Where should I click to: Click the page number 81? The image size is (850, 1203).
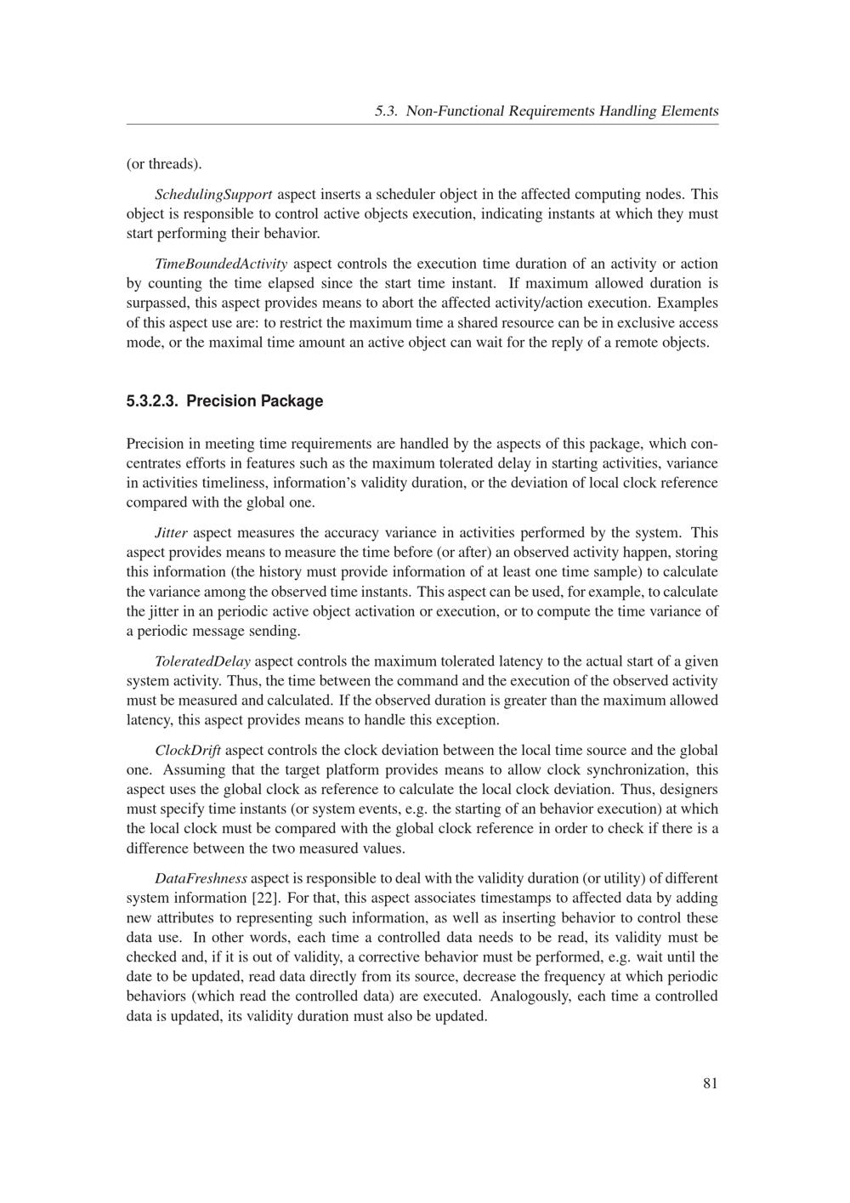tap(711, 1083)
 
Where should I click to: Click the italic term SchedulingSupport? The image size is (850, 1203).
tap(213, 195)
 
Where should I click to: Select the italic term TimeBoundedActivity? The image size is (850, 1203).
tap(221, 264)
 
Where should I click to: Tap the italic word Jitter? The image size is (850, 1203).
tap(171, 533)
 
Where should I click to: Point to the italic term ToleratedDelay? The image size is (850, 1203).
tap(202, 661)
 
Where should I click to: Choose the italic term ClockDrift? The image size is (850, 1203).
tap(188, 751)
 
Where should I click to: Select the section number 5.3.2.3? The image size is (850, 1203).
tap(152, 401)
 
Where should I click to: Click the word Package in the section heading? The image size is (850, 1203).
tap(291, 401)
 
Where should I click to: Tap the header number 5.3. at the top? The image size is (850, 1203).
tap(387, 111)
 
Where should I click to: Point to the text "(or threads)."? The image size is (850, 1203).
tap(163, 163)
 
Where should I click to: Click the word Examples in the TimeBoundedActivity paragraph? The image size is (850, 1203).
tap(688, 303)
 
